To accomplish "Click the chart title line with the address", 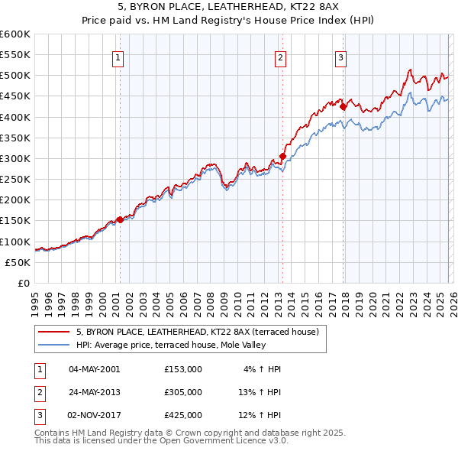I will click(229, 7).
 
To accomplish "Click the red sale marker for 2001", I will click(120, 219).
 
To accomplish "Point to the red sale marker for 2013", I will click(282, 156).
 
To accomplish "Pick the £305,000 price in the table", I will click(183, 392).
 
